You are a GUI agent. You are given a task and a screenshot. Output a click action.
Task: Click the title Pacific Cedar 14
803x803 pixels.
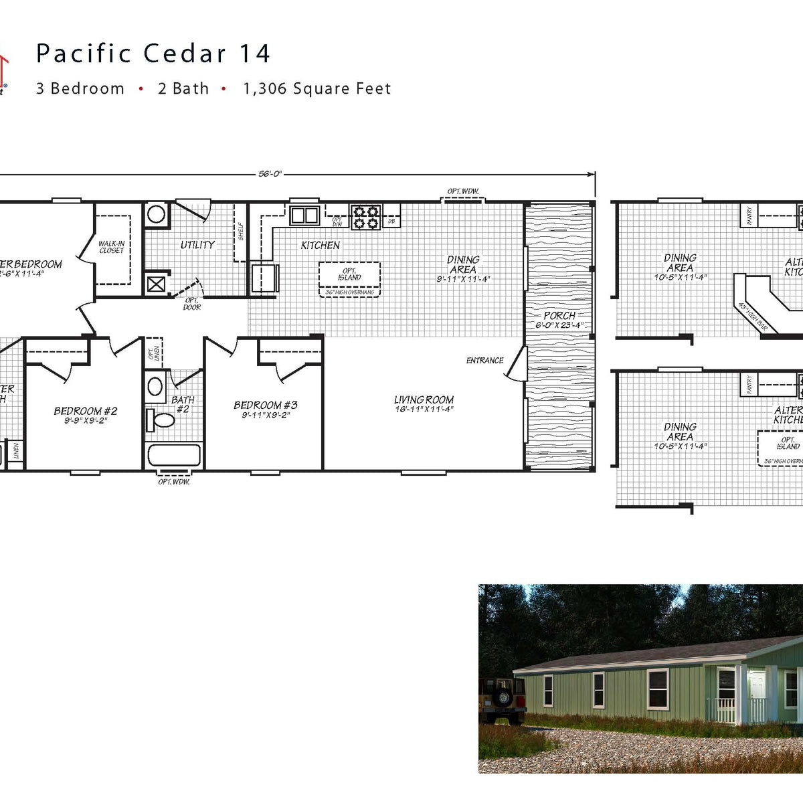tap(153, 54)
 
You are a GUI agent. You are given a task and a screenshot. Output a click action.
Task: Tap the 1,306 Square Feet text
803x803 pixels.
tap(317, 89)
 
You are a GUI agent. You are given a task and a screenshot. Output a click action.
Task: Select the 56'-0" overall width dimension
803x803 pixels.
tap(270, 174)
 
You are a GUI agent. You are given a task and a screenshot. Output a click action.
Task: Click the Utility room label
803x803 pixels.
tap(197, 245)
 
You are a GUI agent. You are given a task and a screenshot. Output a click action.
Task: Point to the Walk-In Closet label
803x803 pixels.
tap(111, 247)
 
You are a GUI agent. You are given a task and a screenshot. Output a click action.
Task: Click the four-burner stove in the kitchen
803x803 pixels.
tap(366, 217)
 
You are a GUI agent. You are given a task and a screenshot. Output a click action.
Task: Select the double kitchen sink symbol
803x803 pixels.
tap(304, 215)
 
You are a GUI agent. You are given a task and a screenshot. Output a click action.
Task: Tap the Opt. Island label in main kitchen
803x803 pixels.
tap(349, 274)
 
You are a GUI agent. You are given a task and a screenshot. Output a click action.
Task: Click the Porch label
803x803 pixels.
tap(559, 316)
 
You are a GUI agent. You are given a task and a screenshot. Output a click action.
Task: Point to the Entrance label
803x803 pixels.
tap(484, 361)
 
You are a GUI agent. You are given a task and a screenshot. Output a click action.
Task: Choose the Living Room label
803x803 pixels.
tap(424, 400)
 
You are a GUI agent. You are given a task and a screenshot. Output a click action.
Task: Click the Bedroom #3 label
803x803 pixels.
tap(265, 405)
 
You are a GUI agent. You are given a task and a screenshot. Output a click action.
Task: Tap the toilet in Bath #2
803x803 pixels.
tap(160, 420)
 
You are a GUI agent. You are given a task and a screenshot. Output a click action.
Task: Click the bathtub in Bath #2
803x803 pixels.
tap(173, 456)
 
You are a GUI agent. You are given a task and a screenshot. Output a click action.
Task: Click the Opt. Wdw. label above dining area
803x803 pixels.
tap(463, 191)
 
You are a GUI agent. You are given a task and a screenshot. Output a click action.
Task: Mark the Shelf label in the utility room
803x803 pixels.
tap(241, 231)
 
